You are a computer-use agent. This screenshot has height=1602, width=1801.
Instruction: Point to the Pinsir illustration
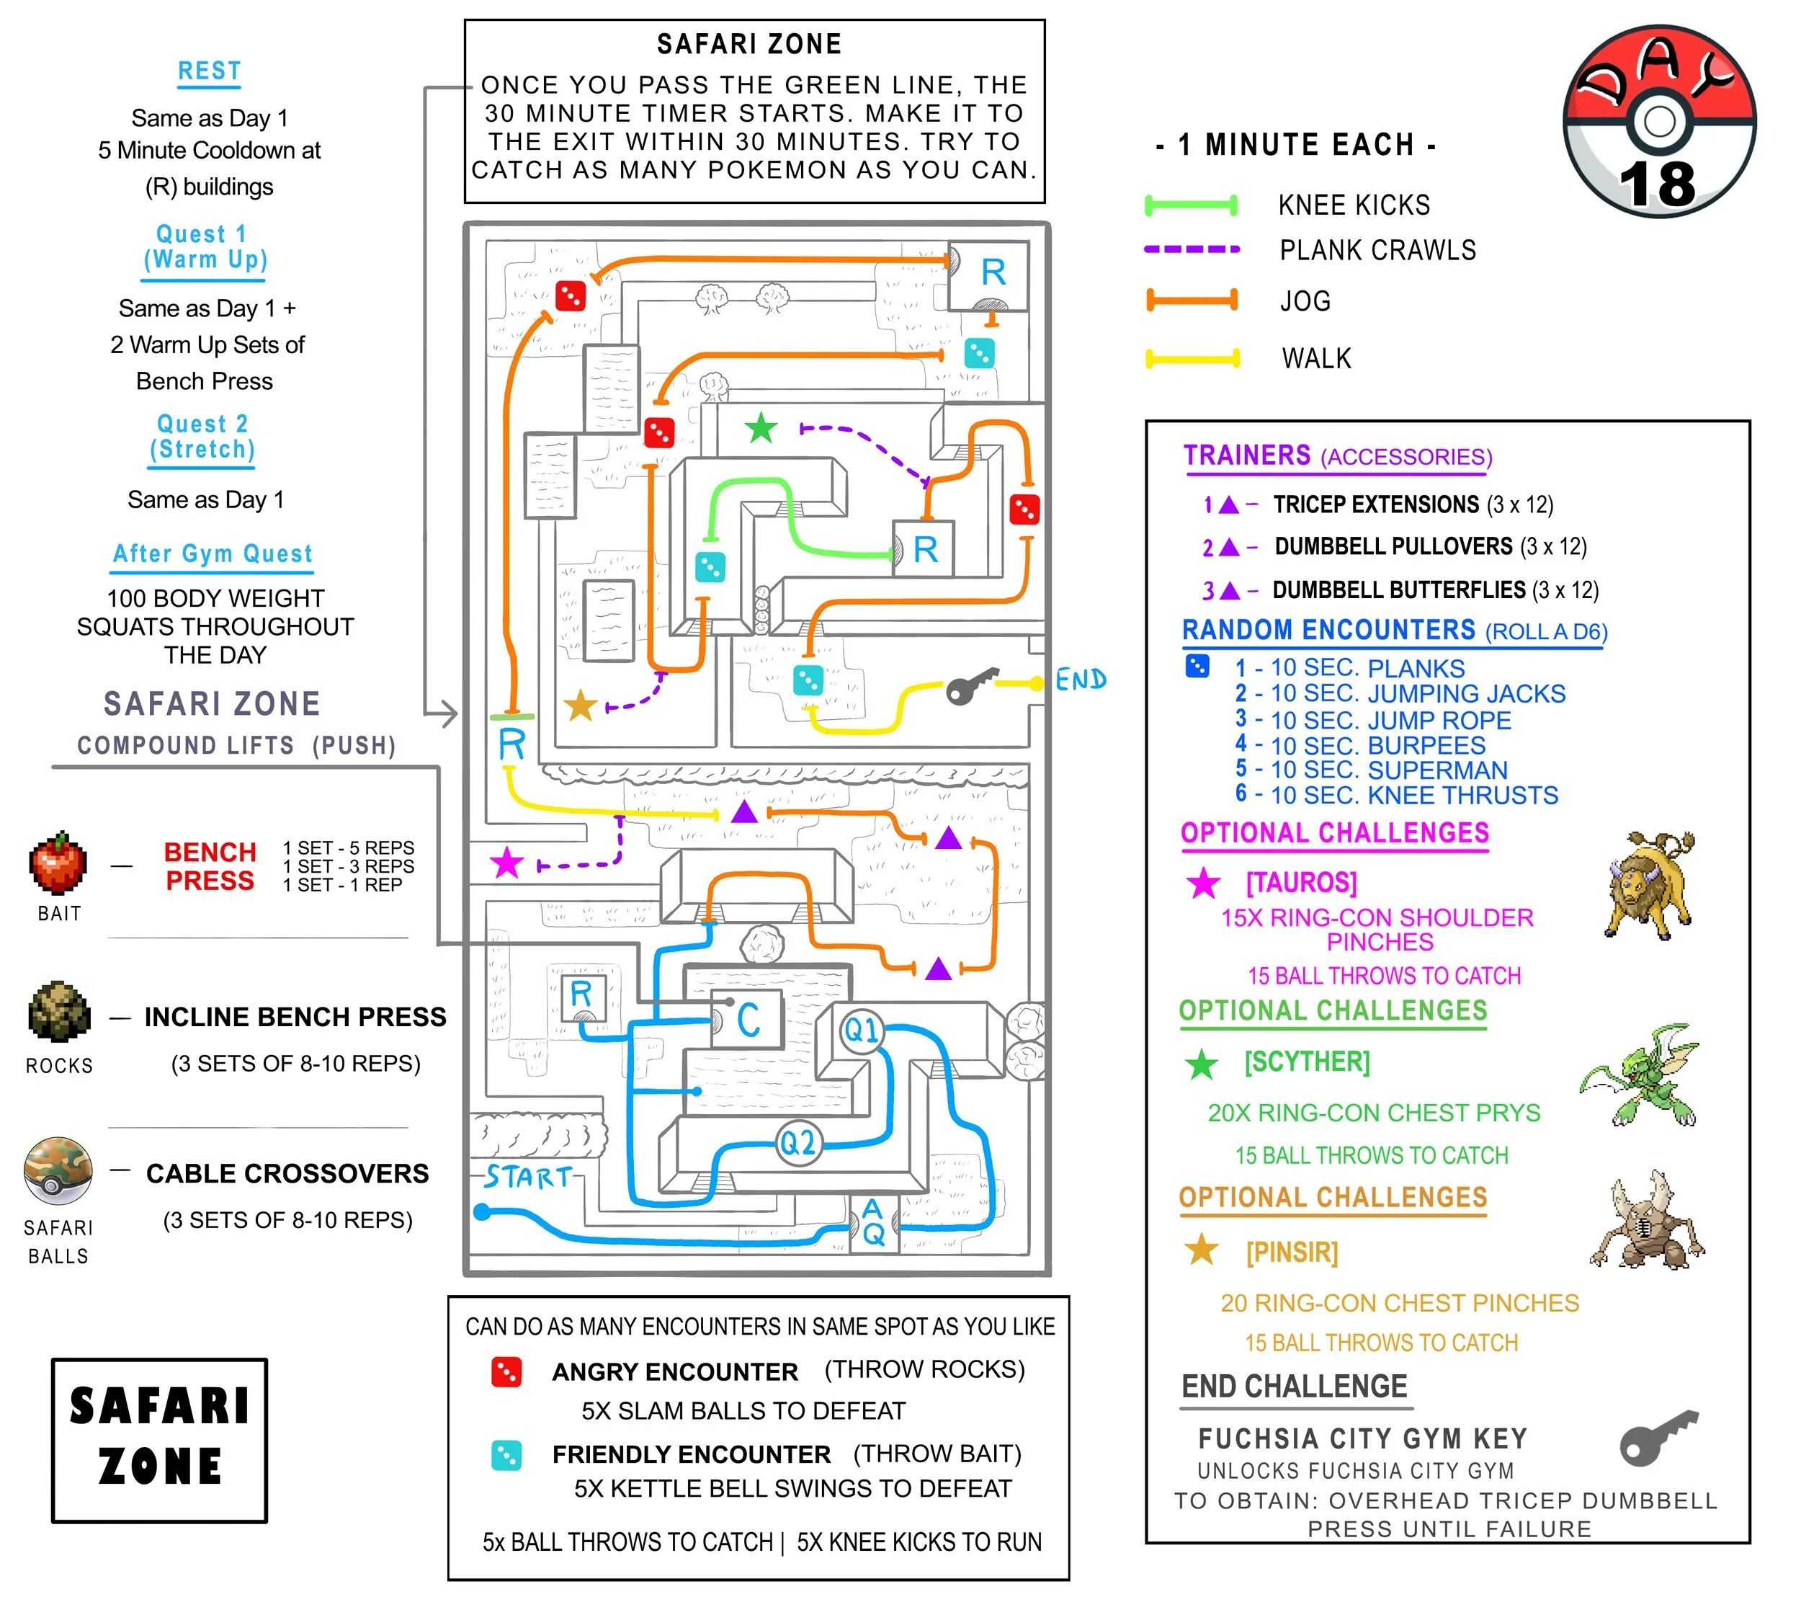(1646, 1223)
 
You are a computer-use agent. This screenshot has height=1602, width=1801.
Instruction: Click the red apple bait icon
(58, 863)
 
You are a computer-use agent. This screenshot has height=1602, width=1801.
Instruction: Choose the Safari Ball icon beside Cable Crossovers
(58, 1170)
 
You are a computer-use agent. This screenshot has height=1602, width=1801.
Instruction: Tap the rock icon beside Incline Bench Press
(59, 1012)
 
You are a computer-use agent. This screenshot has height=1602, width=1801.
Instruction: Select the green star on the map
(761, 428)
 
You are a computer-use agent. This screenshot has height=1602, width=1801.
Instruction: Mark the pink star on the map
(506, 863)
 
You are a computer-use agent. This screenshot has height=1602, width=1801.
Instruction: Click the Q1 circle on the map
(861, 1029)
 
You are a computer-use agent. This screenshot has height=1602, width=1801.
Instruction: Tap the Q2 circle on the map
(798, 1143)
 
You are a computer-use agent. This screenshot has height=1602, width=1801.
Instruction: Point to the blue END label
(1081, 680)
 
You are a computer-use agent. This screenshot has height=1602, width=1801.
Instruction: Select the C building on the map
(747, 1020)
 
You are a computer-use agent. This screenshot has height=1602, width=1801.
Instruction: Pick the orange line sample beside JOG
(1192, 301)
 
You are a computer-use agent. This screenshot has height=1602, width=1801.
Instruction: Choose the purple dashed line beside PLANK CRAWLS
(1192, 249)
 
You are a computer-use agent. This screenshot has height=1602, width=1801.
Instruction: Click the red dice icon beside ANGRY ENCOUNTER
(506, 1372)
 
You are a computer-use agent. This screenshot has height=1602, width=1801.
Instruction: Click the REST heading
(209, 71)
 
